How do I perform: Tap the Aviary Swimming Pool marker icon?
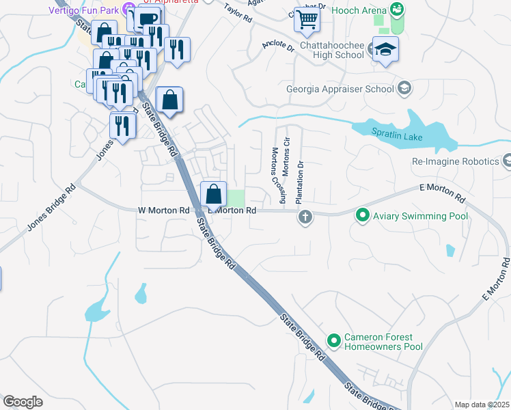[363, 216]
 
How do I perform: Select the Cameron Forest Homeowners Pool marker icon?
[334, 340]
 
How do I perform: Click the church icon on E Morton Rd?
[305, 218]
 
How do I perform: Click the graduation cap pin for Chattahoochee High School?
[386, 50]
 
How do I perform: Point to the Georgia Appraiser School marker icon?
[404, 88]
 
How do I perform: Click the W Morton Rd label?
[163, 210]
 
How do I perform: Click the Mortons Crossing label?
[278, 176]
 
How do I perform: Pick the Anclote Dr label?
[277, 47]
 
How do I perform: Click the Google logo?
[23, 402]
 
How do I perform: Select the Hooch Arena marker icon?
[396, 9]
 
